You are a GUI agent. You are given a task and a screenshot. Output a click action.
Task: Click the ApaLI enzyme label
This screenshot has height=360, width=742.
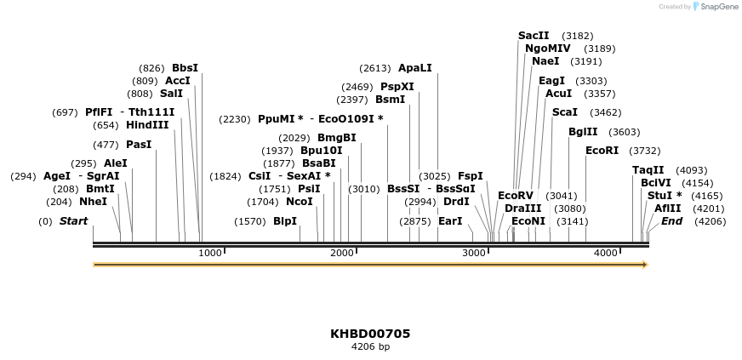click(x=415, y=68)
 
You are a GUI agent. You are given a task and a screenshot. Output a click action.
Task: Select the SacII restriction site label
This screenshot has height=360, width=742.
click(x=534, y=36)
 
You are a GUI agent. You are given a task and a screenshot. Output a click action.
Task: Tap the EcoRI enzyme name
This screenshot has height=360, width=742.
click(x=602, y=151)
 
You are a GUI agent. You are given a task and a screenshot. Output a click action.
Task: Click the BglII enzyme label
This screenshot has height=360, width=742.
click(x=583, y=132)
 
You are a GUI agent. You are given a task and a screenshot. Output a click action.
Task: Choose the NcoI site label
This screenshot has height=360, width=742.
click(x=300, y=202)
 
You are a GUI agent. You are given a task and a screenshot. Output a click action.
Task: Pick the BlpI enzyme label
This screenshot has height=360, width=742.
click(x=285, y=221)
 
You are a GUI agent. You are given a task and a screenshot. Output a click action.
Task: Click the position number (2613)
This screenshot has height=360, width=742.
click(x=374, y=68)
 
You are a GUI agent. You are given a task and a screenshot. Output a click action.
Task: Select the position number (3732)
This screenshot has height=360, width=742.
click(x=644, y=151)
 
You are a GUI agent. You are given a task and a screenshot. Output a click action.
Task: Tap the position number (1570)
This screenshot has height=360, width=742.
click(x=250, y=221)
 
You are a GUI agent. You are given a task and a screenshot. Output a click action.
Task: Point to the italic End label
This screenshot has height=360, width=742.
click(x=672, y=221)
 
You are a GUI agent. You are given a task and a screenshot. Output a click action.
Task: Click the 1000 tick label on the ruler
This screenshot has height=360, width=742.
click(x=209, y=253)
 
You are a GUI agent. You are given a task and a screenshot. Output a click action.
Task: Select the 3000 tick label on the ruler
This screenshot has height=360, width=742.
click(x=473, y=253)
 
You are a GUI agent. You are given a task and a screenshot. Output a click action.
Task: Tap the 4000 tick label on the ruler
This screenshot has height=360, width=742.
click(x=605, y=253)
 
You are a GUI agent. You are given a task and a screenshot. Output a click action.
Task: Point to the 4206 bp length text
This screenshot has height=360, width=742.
click(x=370, y=347)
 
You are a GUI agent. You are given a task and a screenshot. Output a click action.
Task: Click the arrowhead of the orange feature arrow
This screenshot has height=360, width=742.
click(x=645, y=265)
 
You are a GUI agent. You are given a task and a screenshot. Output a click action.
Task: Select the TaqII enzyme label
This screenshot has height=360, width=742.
click(x=648, y=170)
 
